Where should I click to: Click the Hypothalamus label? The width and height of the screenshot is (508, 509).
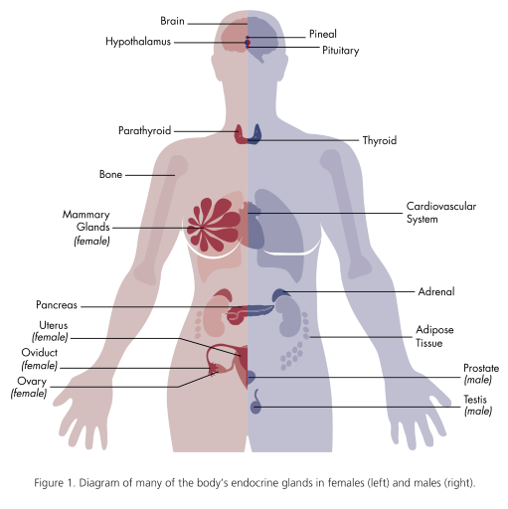[x=138, y=42]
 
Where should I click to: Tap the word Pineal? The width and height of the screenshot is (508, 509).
[x=323, y=34]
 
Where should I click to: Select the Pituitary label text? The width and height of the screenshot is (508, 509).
[x=341, y=51]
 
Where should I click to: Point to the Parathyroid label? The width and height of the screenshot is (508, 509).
[x=145, y=131]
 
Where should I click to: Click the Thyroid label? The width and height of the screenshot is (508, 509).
[x=380, y=140]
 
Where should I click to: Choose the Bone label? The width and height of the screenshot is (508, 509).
[x=110, y=174]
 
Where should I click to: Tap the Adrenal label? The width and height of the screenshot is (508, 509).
[x=436, y=291]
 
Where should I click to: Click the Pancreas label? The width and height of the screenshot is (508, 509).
[x=57, y=305]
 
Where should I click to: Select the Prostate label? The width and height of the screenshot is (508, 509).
[x=481, y=374]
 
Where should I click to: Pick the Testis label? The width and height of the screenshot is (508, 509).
[x=477, y=405]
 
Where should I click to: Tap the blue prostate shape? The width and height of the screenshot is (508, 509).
[x=252, y=377]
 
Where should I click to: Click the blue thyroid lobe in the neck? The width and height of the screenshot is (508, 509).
[x=255, y=134]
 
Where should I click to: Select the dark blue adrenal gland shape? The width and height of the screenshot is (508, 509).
[x=279, y=294]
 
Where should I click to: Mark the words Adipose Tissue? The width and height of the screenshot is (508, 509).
[x=434, y=336]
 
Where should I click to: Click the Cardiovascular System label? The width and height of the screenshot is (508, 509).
[x=441, y=213]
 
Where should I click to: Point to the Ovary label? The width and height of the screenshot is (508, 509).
[x=29, y=387]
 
